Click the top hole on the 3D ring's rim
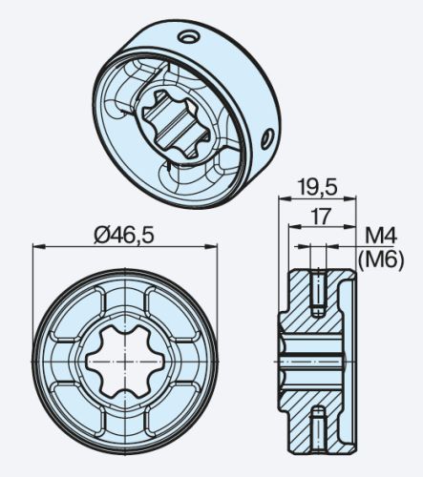pos(189,36)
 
